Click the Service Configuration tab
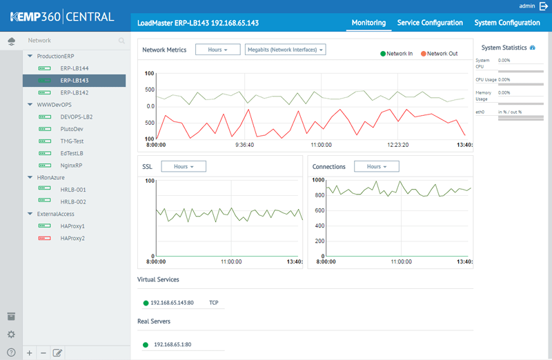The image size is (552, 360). point(430,23)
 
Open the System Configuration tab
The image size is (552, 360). point(507,23)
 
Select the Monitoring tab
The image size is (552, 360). point(368,23)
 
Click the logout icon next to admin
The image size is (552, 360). point(544,6)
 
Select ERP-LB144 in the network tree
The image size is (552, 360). point(74,68)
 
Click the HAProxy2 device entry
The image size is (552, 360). point(72,238)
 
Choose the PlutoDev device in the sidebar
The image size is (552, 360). point(72,129)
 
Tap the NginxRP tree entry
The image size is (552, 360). point(72,166)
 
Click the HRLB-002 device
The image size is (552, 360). point(73,202)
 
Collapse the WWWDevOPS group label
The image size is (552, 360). point(54,105)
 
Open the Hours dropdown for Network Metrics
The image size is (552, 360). point(217,50)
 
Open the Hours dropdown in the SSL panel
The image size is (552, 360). point(183,167)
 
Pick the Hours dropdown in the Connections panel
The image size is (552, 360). point(376,167)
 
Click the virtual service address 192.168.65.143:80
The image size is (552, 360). point(172,303)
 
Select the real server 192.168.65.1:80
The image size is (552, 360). point(173,344)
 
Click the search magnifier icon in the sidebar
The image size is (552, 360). point(121,41)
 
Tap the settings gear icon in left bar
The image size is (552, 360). point(11,334)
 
